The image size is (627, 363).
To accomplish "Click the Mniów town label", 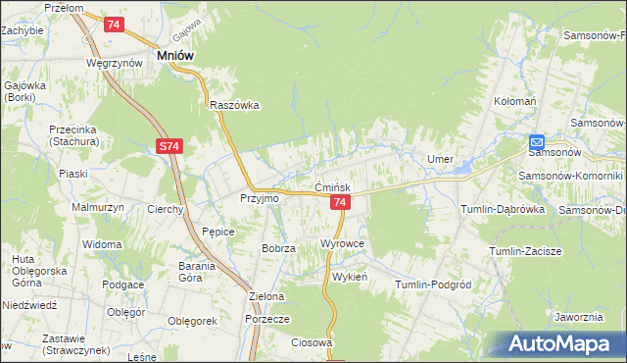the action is coord(175,57).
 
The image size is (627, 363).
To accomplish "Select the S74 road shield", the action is coord(169,146).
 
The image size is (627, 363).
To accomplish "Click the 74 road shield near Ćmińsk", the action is coord(339,202).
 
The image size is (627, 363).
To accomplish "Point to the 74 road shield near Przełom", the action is coord(114,24).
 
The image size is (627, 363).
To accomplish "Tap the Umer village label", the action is coord(438,159).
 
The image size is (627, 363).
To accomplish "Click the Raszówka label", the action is coord(233,106).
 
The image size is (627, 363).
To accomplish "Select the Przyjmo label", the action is coord(260,197).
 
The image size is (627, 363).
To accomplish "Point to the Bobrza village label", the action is coord(278,249).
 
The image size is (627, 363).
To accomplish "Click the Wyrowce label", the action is coord(342,242).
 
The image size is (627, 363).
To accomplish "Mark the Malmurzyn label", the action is coord(95,208).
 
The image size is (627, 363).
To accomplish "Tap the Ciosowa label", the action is coord(313,342).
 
